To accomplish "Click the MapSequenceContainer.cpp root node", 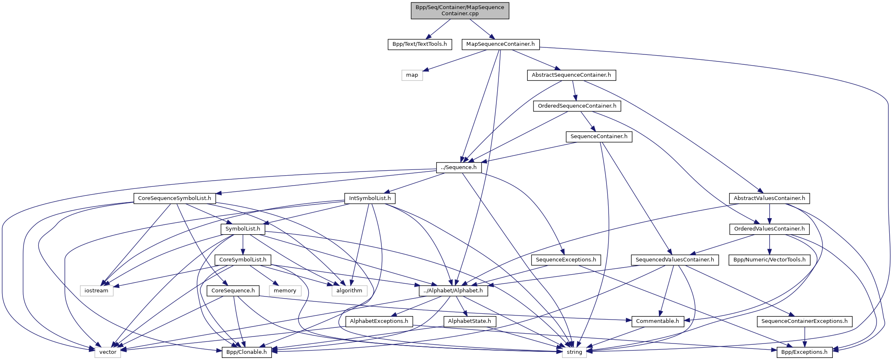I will tap(460, 10).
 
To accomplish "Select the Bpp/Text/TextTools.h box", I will tap(419, 44).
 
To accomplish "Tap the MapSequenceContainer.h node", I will tap(500, 44).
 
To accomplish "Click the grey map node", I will tap(412, 75).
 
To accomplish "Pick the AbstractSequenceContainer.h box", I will tap(571, 75).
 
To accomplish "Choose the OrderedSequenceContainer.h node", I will tap(577, 106).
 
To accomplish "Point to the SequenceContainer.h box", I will tap(599, 136).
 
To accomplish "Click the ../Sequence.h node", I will tap(458, 167).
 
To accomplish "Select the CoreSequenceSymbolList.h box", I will tap(174, 198).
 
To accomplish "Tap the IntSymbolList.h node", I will tap(370, 198).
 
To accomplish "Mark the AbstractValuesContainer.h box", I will tap(769, 198).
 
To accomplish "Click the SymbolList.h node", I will tap(242, 229).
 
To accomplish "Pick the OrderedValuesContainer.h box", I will tap(769, 229).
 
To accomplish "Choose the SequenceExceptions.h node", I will tap(566, 260).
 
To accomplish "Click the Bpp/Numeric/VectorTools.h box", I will tap(769, 260).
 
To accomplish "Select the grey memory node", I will tap(285, 291).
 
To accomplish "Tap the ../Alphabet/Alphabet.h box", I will tap(454, 291).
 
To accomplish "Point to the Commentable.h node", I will tap(657, 321).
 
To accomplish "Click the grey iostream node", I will tap(96, 291).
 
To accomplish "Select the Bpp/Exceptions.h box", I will tap(804, 352).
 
